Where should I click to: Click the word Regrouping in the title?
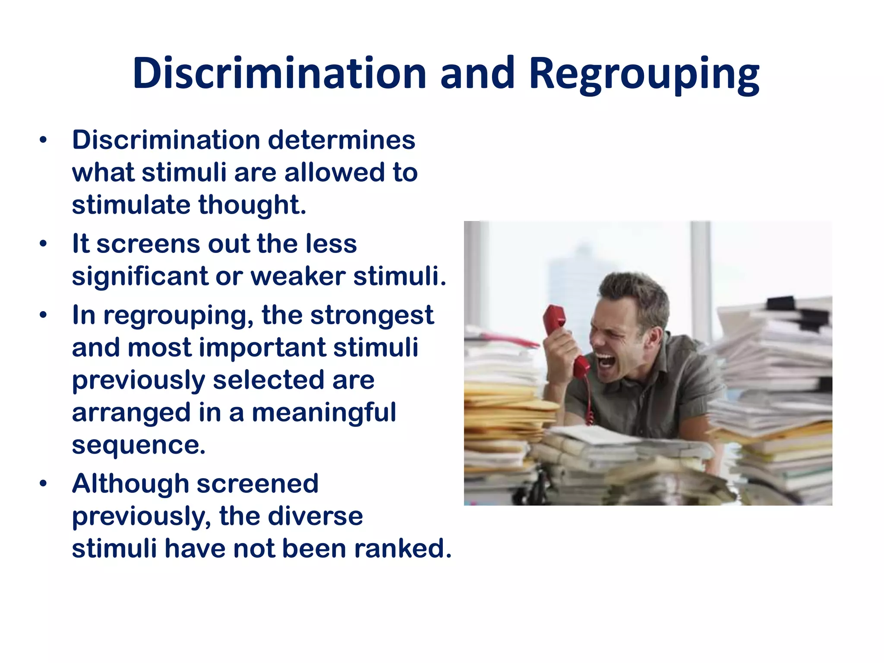click(644, 74)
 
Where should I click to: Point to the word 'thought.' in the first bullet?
click(253, 205)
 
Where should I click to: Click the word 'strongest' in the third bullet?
click(372, 316)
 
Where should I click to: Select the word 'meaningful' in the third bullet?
click(324, 413)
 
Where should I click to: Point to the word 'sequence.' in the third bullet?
click(139, 445)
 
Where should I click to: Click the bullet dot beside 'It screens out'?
click(43, 244)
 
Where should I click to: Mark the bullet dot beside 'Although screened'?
click(43, 484)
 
